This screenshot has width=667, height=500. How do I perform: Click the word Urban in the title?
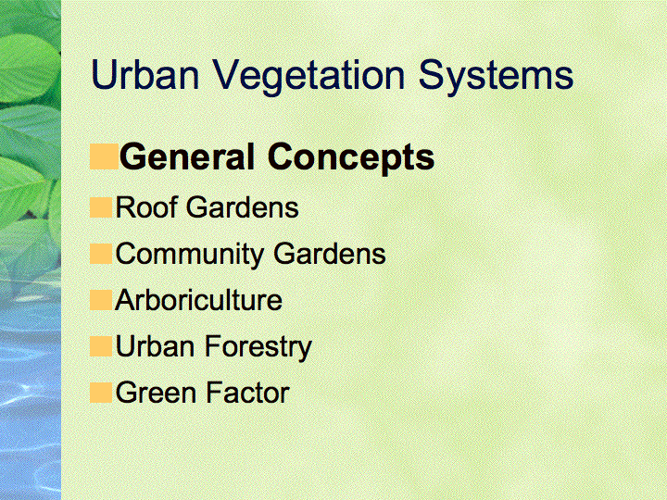click(145, 74)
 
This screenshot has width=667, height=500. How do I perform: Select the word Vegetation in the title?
click(308, 78)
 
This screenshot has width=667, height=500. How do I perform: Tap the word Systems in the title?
click(496, 78)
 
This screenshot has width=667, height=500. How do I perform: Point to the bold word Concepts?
click(351, 159)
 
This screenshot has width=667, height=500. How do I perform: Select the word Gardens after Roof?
click(243, 207)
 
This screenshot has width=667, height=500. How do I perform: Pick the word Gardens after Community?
click(330, 254)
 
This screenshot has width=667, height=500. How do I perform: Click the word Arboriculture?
click(198, 300)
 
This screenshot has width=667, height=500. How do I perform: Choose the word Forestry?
click(258, 348)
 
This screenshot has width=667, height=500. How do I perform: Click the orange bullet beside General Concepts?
click(104, 156)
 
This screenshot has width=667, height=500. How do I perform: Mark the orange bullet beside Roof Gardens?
click(101, 207)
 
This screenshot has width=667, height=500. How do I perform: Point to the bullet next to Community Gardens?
click(101, 254)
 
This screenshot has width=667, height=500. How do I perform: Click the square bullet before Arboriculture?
click(101, 300)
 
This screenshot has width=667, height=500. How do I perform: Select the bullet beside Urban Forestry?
click(101, 346)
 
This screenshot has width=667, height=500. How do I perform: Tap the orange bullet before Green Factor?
click(101, 393)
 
